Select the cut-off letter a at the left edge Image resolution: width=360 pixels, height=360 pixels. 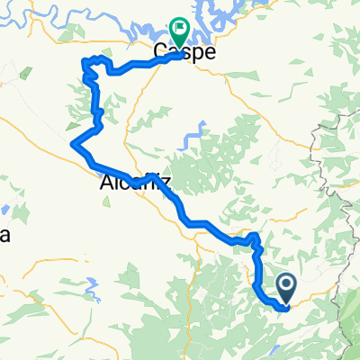[x=4, y=237]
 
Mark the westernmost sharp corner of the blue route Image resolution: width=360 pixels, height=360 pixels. [x=72, y=142]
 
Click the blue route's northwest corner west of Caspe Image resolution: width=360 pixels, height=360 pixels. [x=85, y=62]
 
